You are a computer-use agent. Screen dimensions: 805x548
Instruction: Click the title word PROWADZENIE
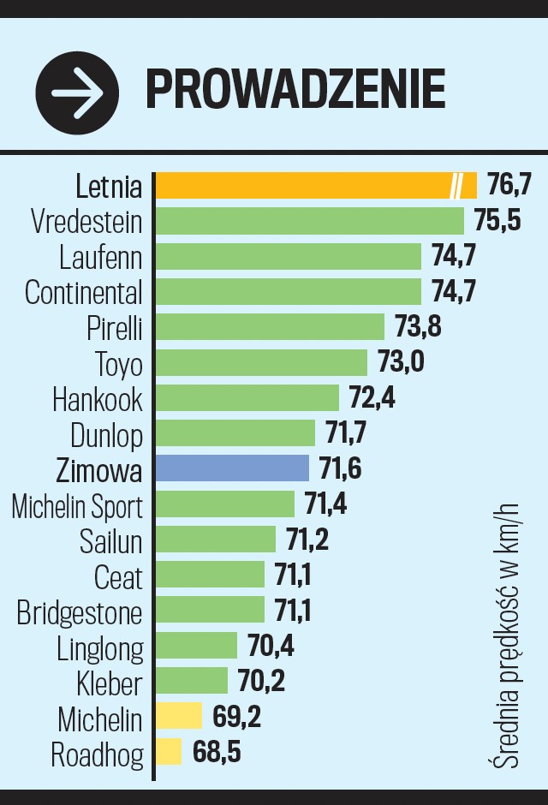(295, 89)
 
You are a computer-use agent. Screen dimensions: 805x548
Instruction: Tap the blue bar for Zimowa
(232, 468)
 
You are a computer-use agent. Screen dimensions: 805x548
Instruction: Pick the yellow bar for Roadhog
(169, 752)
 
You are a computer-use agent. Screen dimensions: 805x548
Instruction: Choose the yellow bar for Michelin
(179, 716)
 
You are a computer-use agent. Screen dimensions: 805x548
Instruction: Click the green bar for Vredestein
(309, 221)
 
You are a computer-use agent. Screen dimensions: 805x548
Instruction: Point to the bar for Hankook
(247, 397)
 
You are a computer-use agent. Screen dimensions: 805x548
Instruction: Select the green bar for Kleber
(192, 681)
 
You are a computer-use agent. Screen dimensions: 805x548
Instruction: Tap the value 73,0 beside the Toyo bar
(401, 361)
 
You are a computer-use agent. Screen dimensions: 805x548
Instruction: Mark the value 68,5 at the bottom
(217, 753)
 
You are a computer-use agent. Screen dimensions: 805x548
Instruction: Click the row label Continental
(84, 292)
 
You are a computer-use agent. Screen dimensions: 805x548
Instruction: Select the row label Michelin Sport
(77, 505)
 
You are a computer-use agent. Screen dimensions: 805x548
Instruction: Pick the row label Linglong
(100, 647)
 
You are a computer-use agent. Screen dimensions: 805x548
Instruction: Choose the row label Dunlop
(106, 434)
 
